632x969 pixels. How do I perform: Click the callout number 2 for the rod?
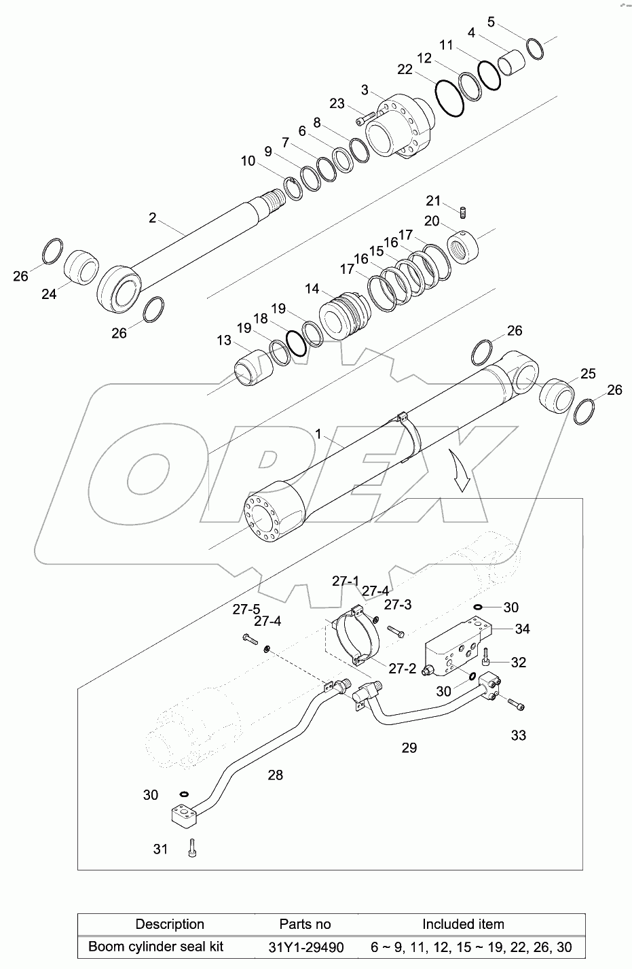(x=153, y=217)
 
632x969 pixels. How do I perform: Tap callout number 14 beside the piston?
(x=312, y=289)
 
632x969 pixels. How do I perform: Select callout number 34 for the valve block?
(x=521, y=629)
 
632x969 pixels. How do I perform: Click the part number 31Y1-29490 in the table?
(x=305, y=947)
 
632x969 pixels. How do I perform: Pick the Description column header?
(x=170, y=924)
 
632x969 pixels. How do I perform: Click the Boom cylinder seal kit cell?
(x=156, y=947)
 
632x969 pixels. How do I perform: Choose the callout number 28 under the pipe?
(x=275, y=775)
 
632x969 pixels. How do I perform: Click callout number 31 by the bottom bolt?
(x=160, y=849)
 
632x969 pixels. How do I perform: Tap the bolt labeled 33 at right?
(x=516, y=706)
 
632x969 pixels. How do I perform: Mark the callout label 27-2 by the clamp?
(x=402, y=669)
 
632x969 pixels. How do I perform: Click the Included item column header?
(x=463, y=924)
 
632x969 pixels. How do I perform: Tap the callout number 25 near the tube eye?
(x=588, y=374)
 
